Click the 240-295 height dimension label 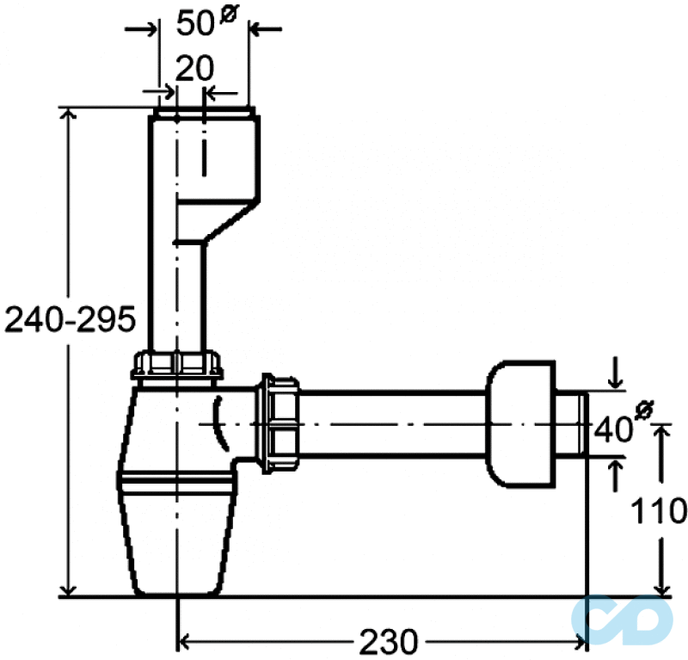(x=70, y=319)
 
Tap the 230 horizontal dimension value (x=389, y=642)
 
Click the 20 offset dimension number (x=195, y=68)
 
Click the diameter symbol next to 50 (x=229, y=15)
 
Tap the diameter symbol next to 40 (x=644, y=409)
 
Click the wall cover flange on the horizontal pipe (x=520, y=424)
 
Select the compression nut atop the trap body (x=176, y=365)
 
